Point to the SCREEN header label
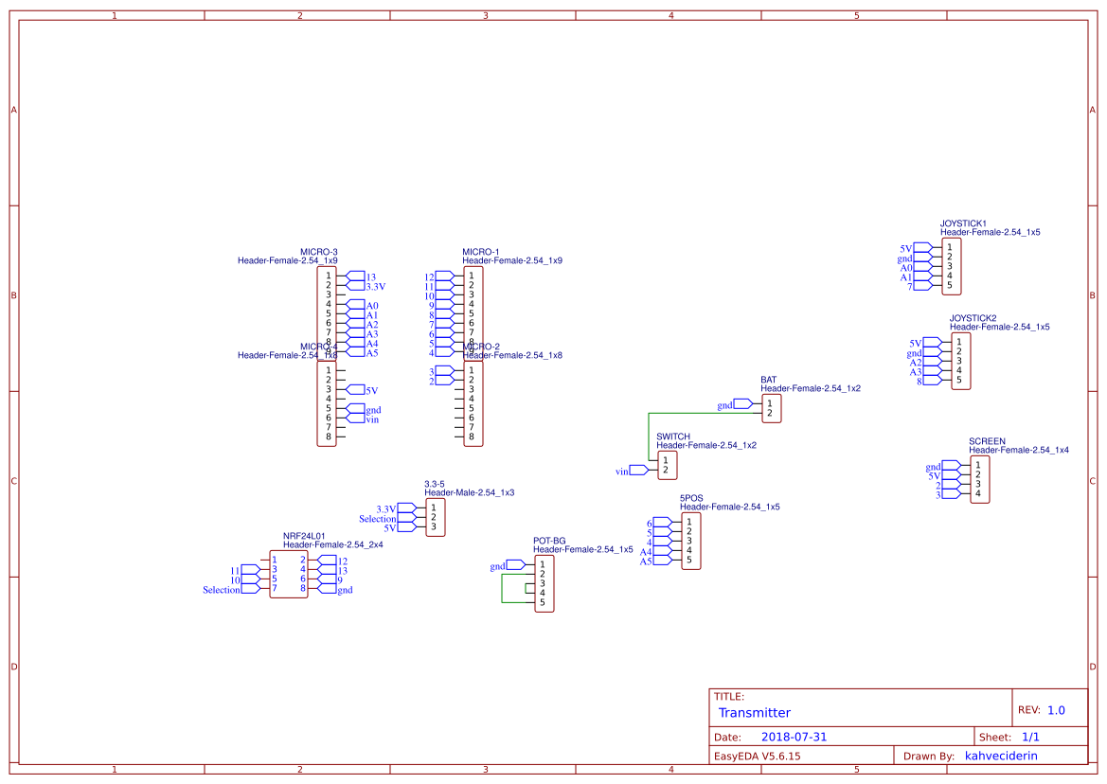(987, 441)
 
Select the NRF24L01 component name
(304, 536)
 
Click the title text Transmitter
(754, 713)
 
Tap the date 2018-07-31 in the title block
(794, 737)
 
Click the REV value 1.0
(1055, 710)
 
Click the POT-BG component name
(549, 541)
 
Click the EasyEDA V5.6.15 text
(758, 756)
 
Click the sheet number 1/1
(1029, 737)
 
